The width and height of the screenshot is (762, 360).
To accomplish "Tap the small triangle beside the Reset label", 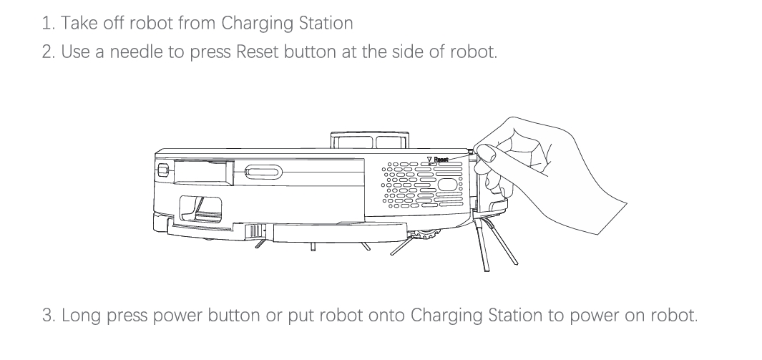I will click(429, 160).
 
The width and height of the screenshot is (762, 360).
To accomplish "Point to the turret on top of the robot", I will click(369, 141).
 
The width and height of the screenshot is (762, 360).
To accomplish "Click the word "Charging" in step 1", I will click(250, 23).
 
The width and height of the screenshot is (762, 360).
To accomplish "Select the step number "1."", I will click(48, 23).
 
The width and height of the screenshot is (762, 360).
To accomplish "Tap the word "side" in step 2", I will click(409, 52).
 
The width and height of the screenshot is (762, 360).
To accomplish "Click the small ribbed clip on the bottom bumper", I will click(254, 230).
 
